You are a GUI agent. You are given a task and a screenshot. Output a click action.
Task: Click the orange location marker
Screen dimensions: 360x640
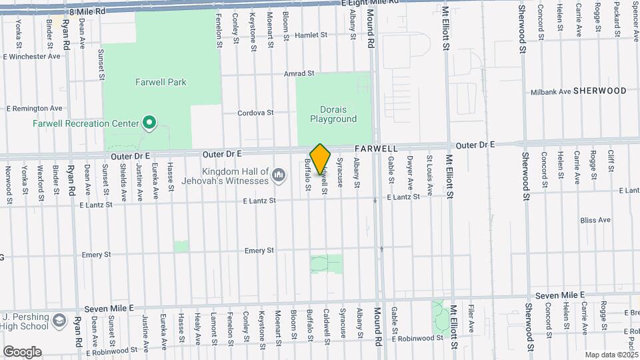pyautogui.click(x=321, y=158)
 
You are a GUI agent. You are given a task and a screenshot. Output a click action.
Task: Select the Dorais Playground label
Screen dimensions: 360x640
pyautogui.click(x=333, y=114)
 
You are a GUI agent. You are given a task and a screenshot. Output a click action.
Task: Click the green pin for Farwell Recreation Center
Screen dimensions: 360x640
pyautogui.click(x=149, y=123)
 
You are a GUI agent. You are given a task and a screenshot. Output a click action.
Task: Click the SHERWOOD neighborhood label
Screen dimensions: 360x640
pyautogui.click(x=600, y=91)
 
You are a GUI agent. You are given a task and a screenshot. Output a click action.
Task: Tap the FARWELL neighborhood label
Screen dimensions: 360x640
pyautogui.click(x=376, y=148)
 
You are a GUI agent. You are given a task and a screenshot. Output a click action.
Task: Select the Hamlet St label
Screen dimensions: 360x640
pyautogui.click(x=311, y=35)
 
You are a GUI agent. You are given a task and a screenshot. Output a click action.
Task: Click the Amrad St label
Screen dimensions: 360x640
pyautogui.click(x=299, y=73)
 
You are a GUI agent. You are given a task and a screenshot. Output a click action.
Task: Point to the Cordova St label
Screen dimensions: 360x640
pyautogui.click(x=256, y=113)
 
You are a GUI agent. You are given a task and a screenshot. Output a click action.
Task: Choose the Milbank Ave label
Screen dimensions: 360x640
pyautogui.click(x=550, y=92)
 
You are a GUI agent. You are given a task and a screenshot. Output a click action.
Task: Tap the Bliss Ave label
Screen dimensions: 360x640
pyautogui.click(x=595, y=219)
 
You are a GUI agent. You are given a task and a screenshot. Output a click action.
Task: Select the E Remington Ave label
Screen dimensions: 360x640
pyautogui.click(x=34, y=108)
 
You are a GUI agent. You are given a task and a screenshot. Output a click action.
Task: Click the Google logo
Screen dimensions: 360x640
pyautogui.click(x=21, y=351)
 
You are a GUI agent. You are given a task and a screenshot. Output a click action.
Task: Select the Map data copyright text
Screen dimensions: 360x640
pyautogui.click(x=611, y=355)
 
